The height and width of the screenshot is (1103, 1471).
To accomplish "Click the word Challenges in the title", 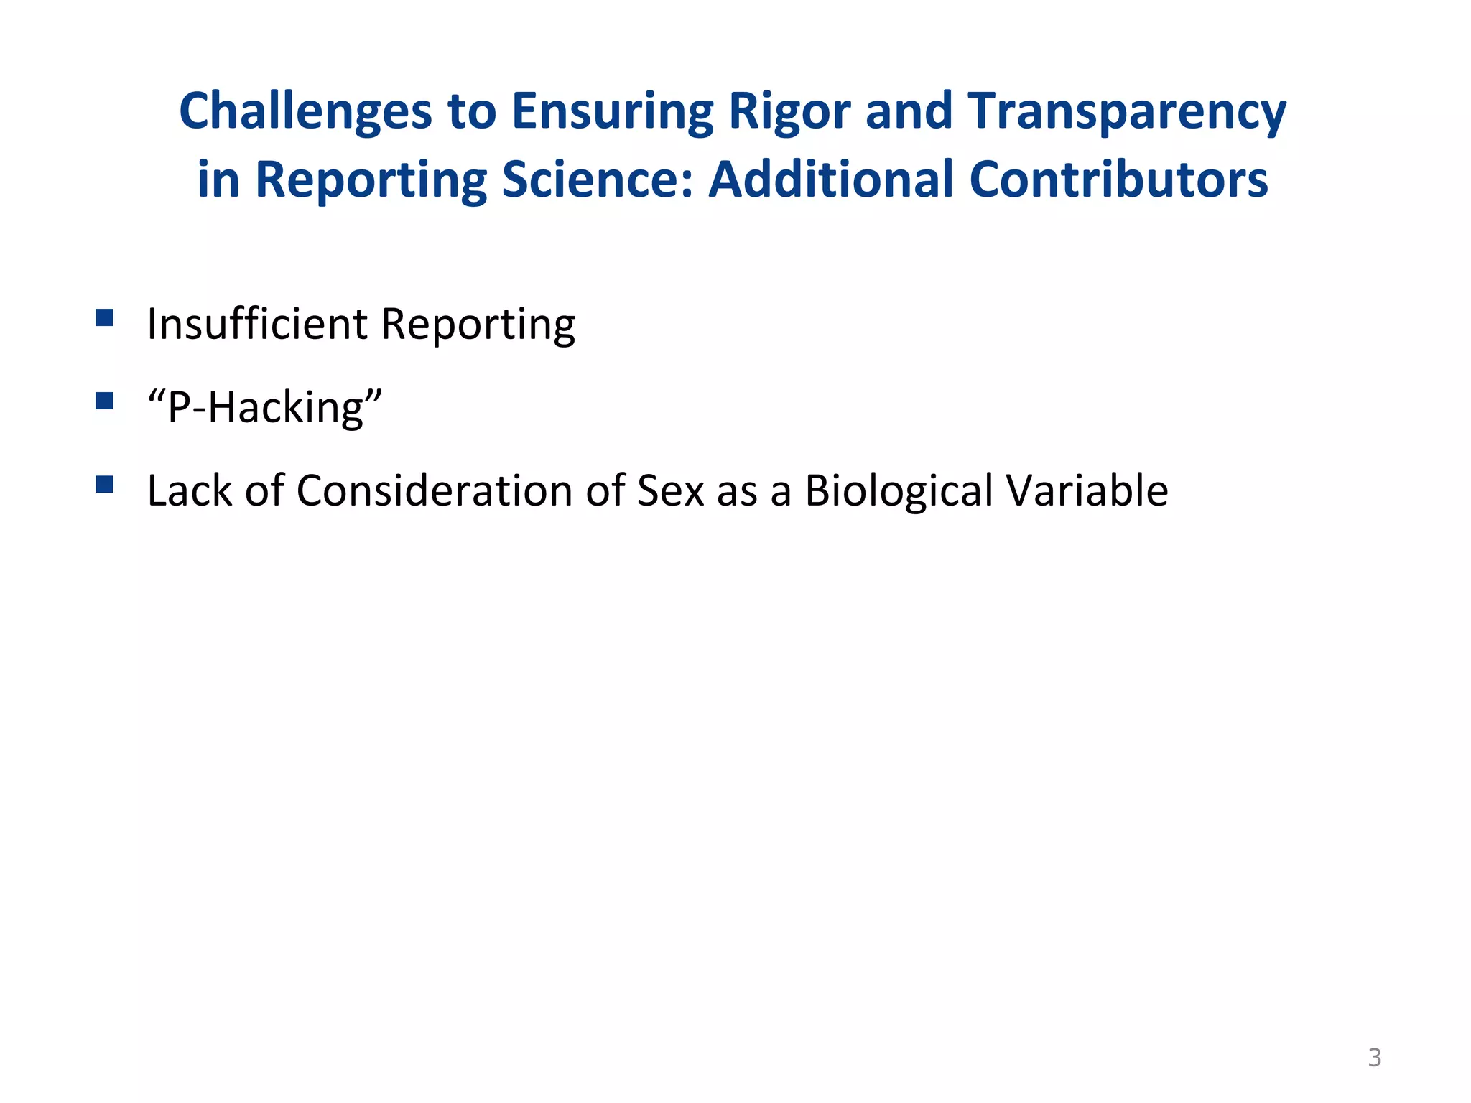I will coord(305,112).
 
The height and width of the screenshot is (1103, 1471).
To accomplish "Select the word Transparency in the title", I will coord(1126,112).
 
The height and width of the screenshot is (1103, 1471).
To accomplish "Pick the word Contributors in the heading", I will coord(1118,180).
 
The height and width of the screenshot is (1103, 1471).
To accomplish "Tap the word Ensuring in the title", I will coord(612,112).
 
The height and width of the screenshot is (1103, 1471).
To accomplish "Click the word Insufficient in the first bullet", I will coord(257,324).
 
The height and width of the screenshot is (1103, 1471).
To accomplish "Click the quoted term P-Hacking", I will coord(264,408).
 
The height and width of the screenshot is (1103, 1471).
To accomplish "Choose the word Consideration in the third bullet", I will coord(435,491).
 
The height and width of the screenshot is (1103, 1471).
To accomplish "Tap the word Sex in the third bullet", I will coord(671,491).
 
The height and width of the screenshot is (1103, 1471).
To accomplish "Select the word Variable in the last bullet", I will coord(1087,491).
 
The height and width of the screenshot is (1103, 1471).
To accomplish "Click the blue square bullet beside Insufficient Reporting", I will coord(104,318).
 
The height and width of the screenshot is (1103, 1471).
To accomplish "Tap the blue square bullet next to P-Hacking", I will coord(104,401).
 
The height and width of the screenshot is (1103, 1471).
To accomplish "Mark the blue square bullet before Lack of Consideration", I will coord(104,485).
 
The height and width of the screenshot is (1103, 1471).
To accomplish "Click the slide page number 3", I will coord(1374,1058).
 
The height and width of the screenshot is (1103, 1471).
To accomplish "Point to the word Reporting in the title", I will coord(371,180).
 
